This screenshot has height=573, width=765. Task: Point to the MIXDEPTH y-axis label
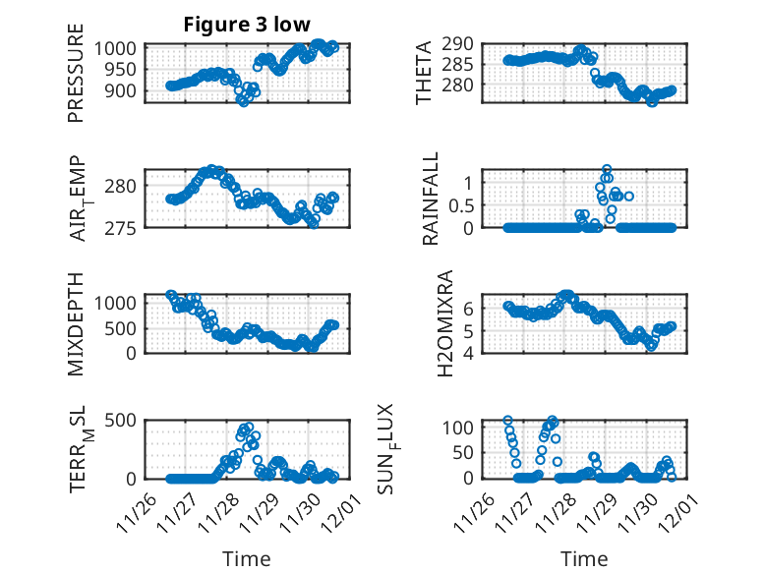(76, 324)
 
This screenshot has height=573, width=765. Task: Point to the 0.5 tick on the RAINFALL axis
(461, 204)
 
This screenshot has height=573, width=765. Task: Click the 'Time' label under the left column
(246, 558)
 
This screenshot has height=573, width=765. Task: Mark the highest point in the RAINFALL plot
(607, 169)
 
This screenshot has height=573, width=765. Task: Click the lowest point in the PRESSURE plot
(243, 101)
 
